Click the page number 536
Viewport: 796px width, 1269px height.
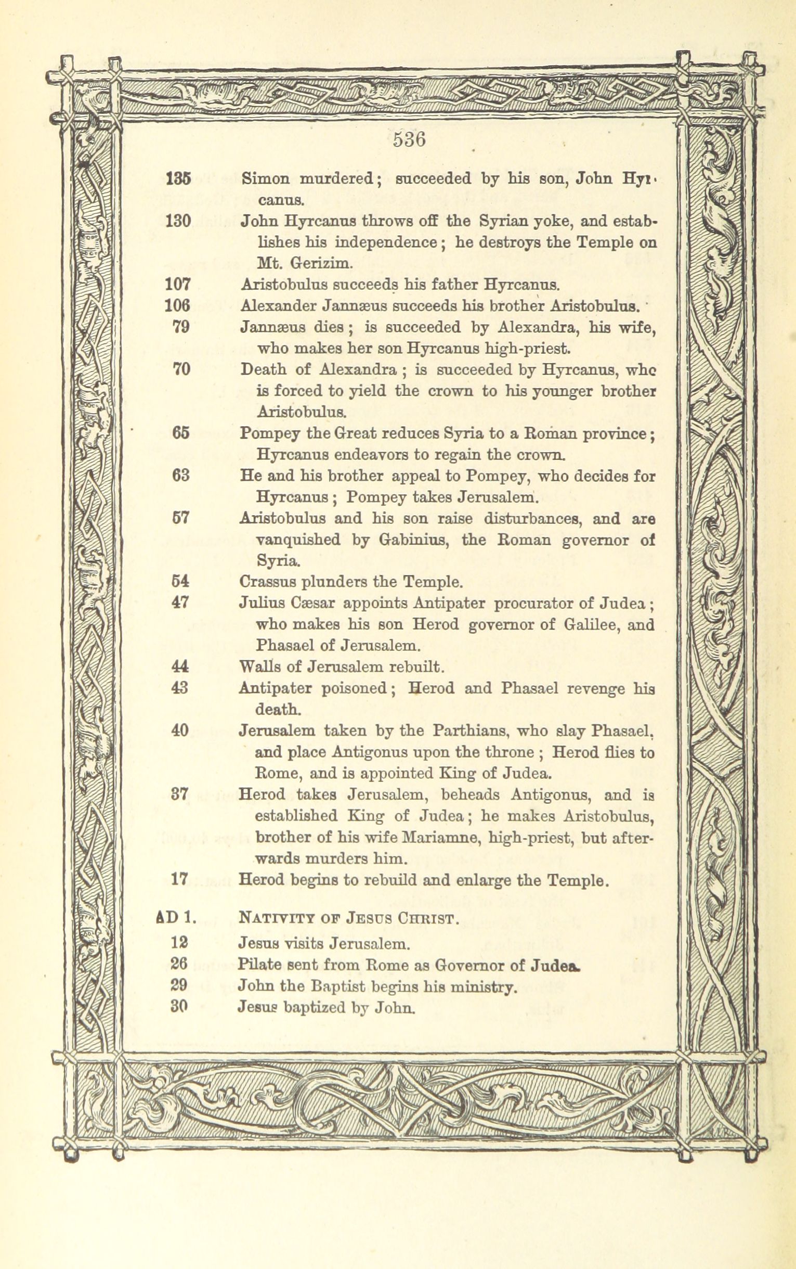[x=409, y=140]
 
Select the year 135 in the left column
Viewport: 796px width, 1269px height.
[x=177, y=178]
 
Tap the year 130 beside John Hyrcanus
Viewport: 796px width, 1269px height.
[x=177, y=221]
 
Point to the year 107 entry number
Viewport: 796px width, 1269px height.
[x=177, y=285]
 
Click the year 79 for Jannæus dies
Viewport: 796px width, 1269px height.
[x=180, y=327]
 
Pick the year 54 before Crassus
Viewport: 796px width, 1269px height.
[x=180, y=582]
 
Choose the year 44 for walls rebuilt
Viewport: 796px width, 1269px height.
[x=180, y=666]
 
